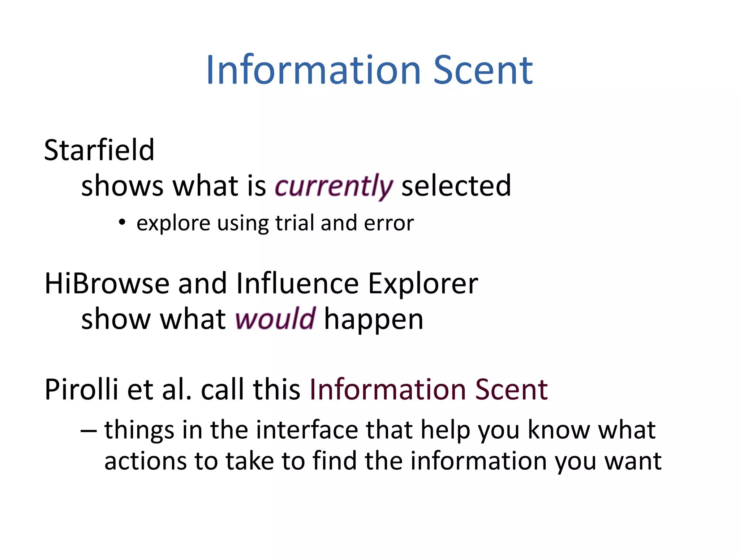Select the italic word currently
[334, 186]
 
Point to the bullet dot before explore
[122, 222]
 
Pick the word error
[389, 224]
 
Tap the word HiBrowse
[107, 284]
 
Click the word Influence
[297, 284]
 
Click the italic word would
[275, 319]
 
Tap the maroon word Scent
[511, 390]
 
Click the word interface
[307, 430]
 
